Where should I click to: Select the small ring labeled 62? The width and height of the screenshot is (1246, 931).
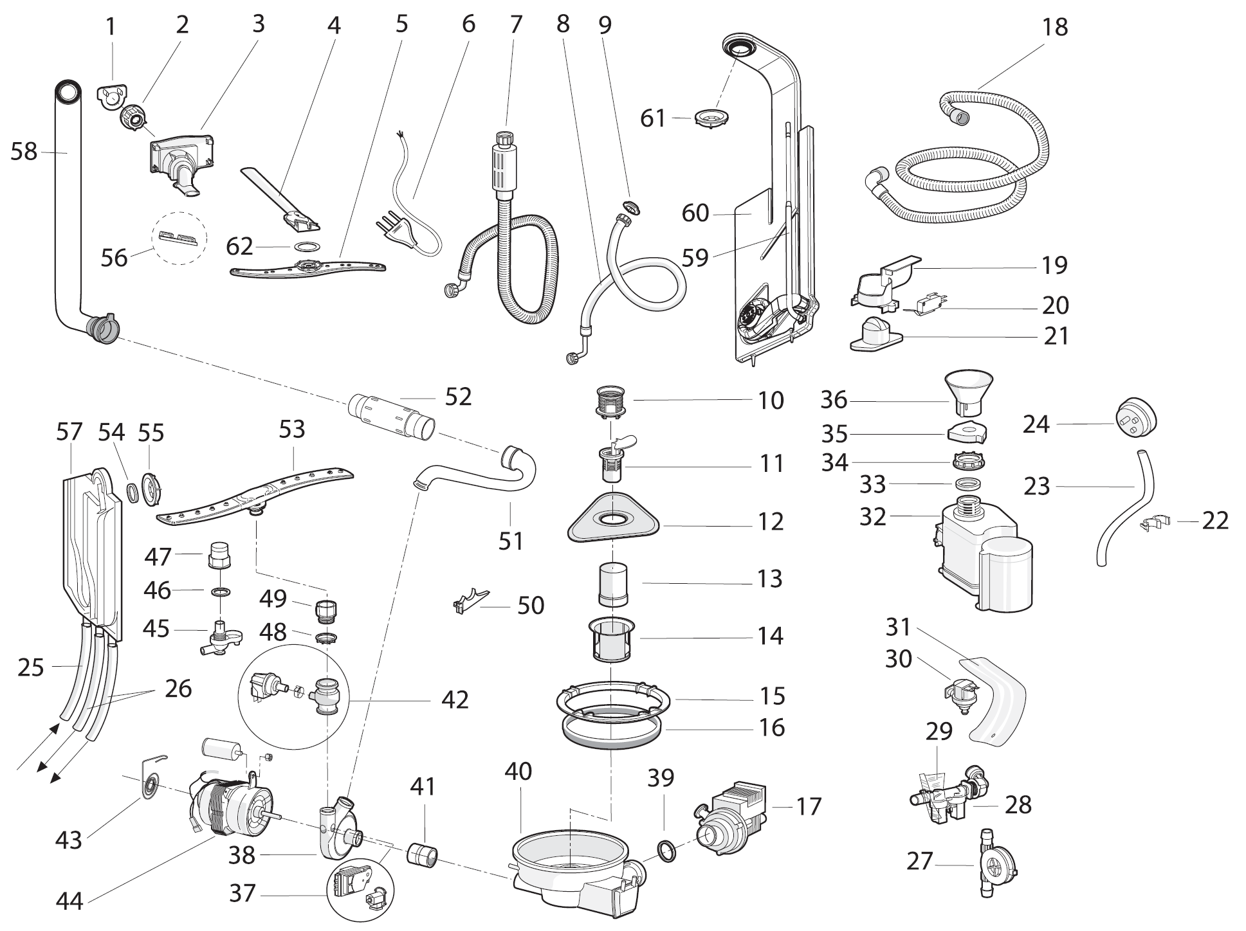[x=307, y=246]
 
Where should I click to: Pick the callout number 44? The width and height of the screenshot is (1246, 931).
[x=69, y=900]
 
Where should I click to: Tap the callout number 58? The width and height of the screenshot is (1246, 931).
[x=24, y=152]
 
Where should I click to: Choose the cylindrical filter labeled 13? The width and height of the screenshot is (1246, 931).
[x=614, y=583]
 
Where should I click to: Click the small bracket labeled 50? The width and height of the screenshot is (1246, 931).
[x=470, y=601]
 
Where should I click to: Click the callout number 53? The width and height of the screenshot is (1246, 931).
[x=291, y=429]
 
